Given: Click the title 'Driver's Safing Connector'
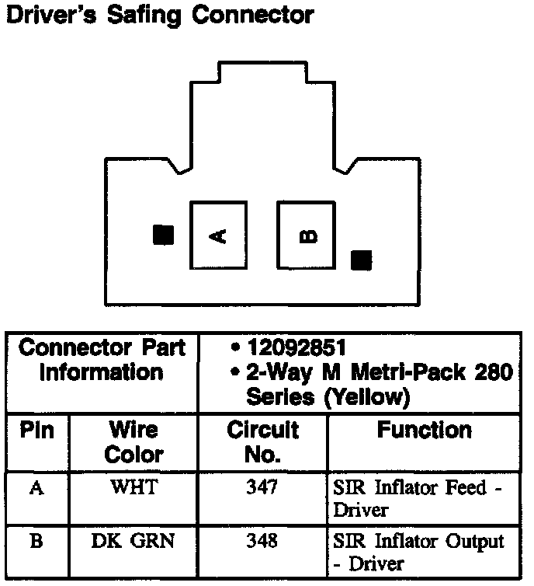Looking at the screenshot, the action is pos(160,16).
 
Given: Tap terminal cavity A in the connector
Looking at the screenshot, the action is pos(220,235).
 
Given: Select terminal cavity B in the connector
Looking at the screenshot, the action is pos(307,235).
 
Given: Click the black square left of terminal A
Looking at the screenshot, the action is pos(163,235).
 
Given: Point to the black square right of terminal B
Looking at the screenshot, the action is pos(361,260).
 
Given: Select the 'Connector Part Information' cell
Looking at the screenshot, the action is pos(102,360).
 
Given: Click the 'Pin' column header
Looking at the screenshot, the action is pos(36,430).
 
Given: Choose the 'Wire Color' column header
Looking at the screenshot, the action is pos(133,441).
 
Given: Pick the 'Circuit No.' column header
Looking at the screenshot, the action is pos(262,441).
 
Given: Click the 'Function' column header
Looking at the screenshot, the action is pos(424,430).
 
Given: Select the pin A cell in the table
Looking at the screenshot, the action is pos(36,489).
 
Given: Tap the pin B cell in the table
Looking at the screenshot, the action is pos(36,541).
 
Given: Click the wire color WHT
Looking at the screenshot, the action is pos(133,489).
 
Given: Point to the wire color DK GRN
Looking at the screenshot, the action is pos(133,541).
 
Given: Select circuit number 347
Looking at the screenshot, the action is pos(264,489).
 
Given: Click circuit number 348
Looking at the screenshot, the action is pos(264,541).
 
